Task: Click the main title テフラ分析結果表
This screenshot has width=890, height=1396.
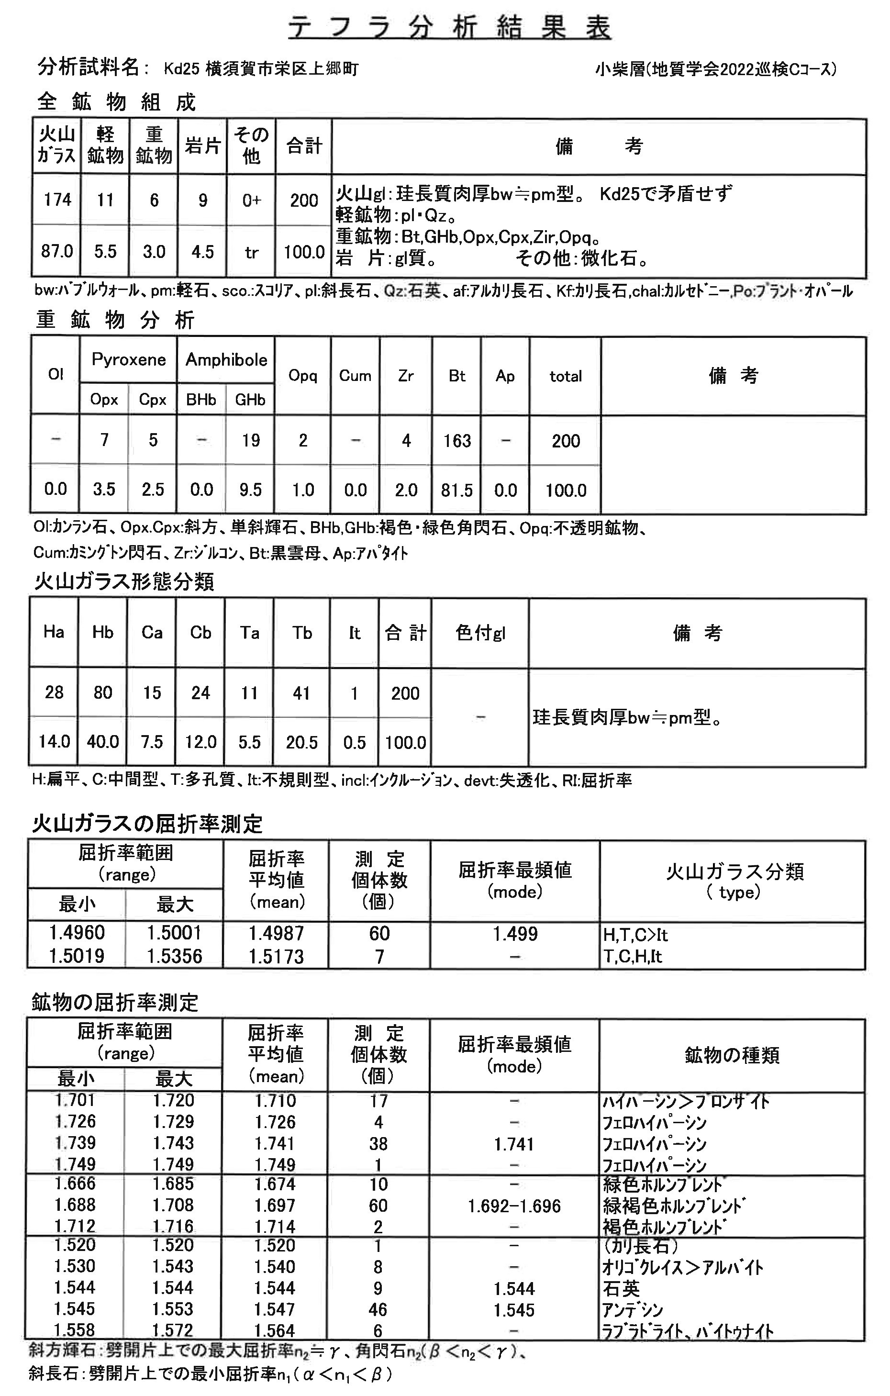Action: click(449, 27)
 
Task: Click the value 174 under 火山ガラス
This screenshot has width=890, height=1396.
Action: click(57, 200)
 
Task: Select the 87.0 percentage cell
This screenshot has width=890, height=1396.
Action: click(57, 252)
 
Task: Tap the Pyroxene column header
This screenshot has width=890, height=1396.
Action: click(128, 359)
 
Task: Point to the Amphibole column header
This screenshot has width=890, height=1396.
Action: click(226, 359)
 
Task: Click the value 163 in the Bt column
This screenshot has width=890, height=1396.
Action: click(457, 441)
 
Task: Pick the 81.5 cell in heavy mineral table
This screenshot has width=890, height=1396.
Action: click(457, 491)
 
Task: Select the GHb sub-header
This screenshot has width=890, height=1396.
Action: click(250, 400)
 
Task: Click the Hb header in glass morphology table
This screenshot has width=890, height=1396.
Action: click(102, 632)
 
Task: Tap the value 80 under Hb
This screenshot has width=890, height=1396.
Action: click(102, 692)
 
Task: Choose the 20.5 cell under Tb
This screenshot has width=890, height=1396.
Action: click(301, 742)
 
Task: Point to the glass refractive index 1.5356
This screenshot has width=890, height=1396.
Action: click(174, 956)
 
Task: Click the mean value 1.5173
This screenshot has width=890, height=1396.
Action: click(276, 956)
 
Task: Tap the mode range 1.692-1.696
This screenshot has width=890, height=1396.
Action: click(514, 1206)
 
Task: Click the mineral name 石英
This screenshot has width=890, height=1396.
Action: click(621, 1289)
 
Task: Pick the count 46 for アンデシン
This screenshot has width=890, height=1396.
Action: click(378, 1309)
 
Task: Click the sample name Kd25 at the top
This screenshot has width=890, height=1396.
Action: click(181, 69)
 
